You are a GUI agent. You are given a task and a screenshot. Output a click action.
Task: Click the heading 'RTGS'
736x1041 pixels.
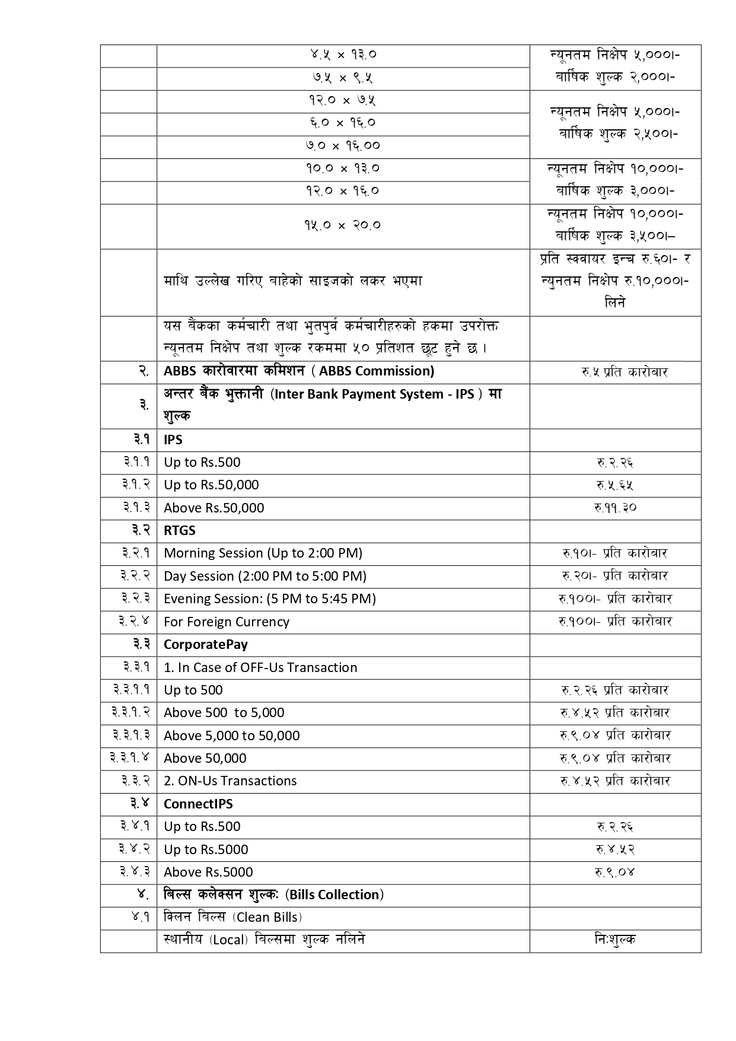(x=180, y=530)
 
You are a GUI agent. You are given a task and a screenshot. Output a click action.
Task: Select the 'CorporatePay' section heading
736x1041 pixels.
(x=206, y=644)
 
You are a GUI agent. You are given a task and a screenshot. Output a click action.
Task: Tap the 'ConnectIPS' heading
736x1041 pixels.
(x=198, y=804)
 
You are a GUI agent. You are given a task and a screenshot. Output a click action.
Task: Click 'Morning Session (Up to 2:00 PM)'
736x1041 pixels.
(x=263, y=553)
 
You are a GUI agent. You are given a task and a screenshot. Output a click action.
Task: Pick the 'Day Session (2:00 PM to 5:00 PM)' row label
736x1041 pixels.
(x=265, y=576)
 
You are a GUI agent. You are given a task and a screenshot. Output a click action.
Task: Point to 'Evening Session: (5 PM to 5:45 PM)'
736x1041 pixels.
(x=270, y=599)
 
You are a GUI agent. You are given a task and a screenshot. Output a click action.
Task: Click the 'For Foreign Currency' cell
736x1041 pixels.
(x=227, y=622)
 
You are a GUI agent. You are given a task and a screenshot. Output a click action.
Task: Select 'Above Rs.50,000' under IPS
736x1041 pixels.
(x=214, y=508)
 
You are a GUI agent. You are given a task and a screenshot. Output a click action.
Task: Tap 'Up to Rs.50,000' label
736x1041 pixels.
(x=211, y=485)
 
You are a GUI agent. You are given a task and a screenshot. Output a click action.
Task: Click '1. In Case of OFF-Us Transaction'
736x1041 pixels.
(x=260, y=667)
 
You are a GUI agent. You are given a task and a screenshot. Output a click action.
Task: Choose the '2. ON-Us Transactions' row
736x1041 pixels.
(x=230, y=781)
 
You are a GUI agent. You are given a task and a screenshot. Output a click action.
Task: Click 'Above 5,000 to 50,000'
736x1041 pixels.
(x=232, y=736)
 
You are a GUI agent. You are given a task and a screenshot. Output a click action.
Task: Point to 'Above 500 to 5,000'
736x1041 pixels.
(x=224, y=712)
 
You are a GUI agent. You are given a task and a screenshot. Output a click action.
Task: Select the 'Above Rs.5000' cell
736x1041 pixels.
(x=208, y=872)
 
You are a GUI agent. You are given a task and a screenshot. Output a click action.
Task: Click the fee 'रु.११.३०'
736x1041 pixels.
(x=615, y=508)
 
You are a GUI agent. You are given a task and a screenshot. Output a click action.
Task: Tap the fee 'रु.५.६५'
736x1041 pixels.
(x=615, y=485)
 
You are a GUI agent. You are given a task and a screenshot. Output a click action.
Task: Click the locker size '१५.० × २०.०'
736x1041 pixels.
(x=343, y=225)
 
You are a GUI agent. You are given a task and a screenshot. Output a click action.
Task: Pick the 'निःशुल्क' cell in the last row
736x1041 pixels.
(x=615, y=940)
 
